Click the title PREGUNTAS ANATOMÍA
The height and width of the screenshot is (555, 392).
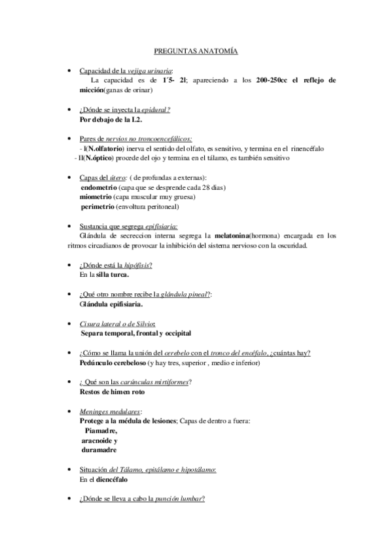coord(196,50)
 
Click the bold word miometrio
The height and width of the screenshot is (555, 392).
coord(95,197)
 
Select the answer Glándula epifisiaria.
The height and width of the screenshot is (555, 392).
coord(111,304)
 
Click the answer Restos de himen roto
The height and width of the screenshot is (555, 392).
coord(112,391)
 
